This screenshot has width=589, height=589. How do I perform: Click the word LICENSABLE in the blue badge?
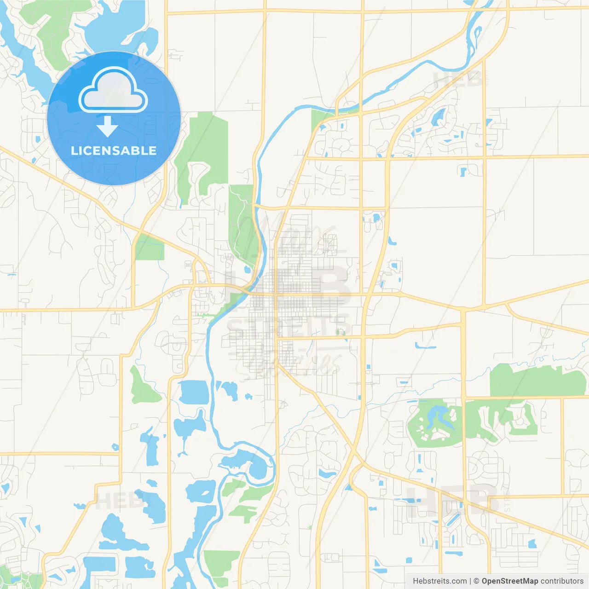(x=114, y=150)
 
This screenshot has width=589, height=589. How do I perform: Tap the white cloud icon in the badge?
(x=113, y=91)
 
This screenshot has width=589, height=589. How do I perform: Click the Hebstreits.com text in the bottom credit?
(x=439, y=581)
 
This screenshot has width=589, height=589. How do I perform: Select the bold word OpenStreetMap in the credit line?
(x=509, y=581)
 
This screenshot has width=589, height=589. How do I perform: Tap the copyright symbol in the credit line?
(x=476, y=581)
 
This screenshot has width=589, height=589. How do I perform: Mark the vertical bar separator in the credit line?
(x=470, y=581)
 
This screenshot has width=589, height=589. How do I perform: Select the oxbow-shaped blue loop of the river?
(x=251, y=465)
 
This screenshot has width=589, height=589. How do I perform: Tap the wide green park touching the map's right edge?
(x=536, y=381)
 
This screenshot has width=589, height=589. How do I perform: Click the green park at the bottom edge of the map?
(x=221, y=564)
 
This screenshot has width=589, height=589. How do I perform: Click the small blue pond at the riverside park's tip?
(x=248, y=269)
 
